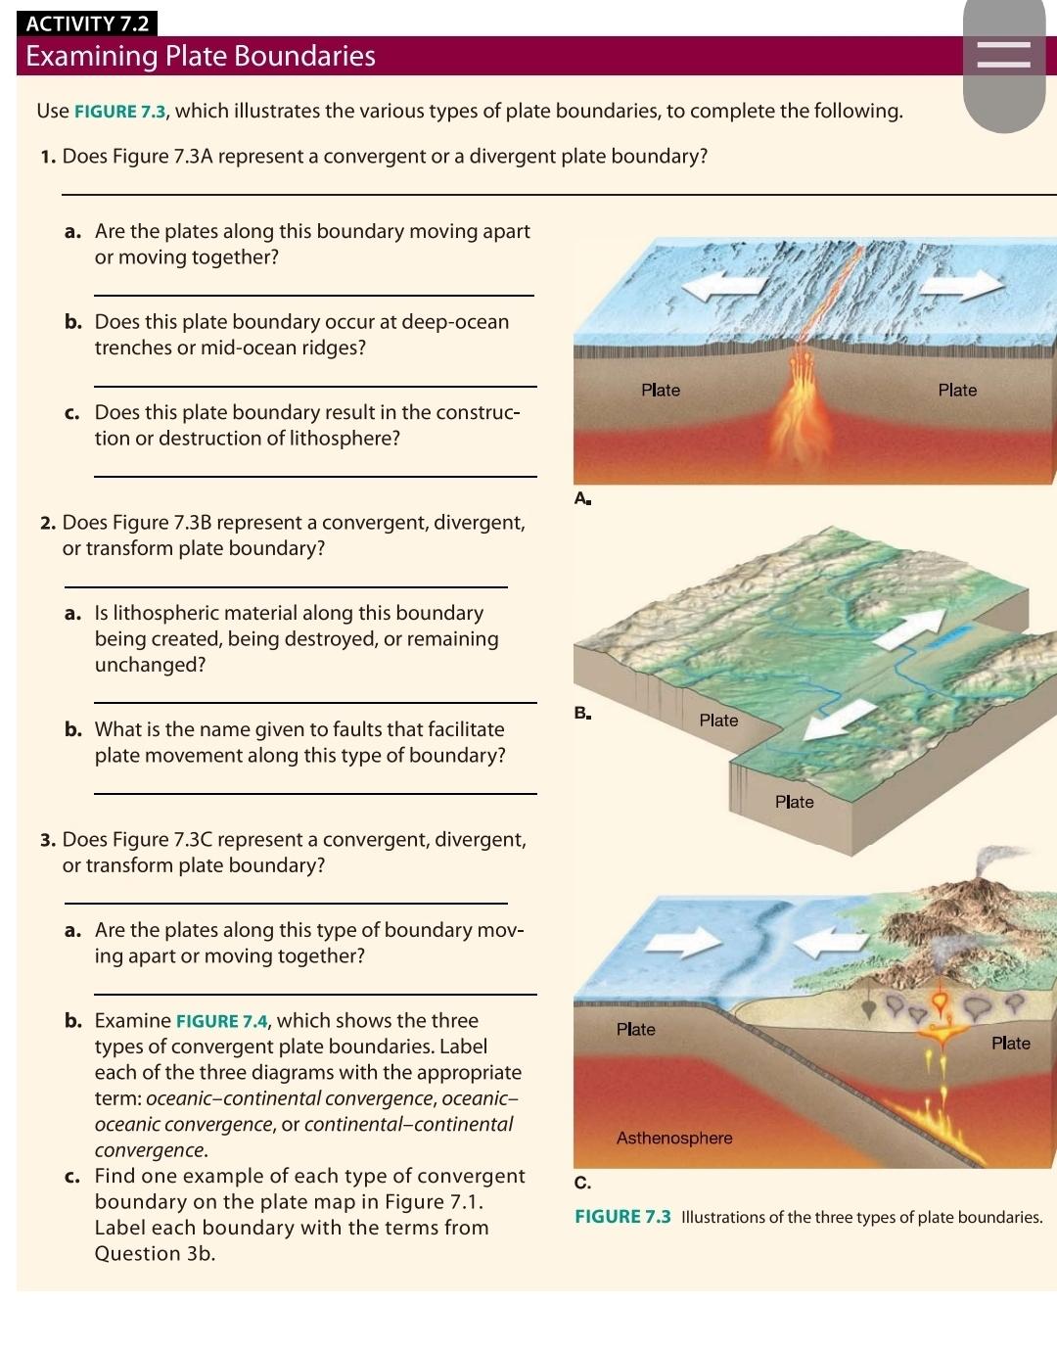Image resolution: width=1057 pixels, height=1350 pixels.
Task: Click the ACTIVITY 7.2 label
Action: [x=87, y=23]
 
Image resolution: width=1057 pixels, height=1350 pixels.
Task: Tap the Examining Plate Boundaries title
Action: [x=201, y=57]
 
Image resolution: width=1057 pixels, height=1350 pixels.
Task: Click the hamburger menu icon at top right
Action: [x=1004, y=55]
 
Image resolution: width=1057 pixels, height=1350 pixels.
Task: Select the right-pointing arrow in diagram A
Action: [x=961, y=284]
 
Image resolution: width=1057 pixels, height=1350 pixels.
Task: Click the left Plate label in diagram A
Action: [x=661, y=391]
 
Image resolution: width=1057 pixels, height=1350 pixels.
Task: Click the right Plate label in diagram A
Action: [x=957, y=391]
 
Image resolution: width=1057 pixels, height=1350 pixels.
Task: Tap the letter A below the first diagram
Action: [x=581, y=499]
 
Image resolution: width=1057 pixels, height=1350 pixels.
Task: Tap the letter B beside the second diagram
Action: [x=581, y=713]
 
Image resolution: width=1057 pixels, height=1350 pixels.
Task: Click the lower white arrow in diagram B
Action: [x=840, y=722]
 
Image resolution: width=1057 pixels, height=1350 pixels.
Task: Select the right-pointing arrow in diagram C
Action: [x=688, y=942]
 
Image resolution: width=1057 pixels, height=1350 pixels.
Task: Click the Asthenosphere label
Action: [x=674, y=1139]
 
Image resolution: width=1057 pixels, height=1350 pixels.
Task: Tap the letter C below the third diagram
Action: [x=581, y=1184]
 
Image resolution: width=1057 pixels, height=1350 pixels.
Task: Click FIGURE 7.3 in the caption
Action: [x=622, y=1217]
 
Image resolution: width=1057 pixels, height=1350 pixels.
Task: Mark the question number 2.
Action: [x=47, y=523]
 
